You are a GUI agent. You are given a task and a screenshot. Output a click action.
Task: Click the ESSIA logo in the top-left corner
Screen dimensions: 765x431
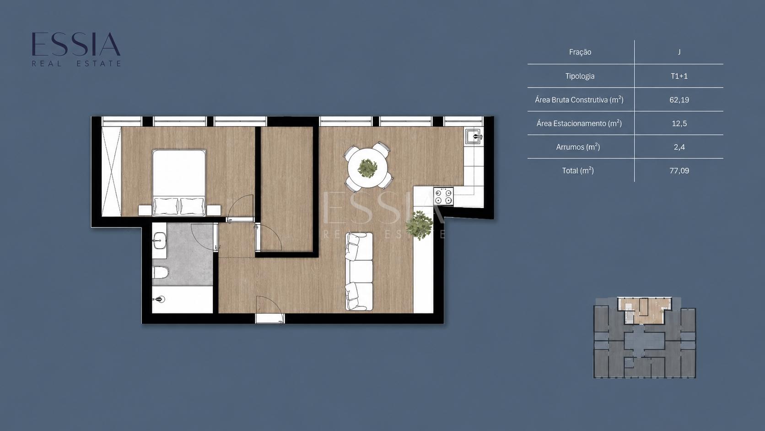tap(76, 49)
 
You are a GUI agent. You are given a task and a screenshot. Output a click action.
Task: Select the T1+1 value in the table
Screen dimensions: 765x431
tap(679, 76)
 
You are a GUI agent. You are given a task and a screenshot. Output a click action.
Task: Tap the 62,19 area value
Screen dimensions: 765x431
tap(679, 100)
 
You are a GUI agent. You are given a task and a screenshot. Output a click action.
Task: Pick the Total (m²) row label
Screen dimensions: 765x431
tap(578, 170)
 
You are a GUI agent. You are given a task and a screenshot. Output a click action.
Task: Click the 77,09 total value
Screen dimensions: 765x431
tap(679, 170)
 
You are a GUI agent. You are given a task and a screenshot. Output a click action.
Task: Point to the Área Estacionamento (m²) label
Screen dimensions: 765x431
tap(579, 123)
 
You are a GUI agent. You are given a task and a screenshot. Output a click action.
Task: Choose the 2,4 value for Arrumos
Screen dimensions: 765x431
tap(679, 147)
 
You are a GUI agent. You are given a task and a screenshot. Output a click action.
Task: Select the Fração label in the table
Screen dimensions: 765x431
tap(580, 52)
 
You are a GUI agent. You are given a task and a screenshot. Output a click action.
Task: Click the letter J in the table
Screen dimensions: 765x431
tap(679, 52)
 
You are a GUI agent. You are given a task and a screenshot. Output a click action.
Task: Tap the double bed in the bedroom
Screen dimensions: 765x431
tap(178, 182)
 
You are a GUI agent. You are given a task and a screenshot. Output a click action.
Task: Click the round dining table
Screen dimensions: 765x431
tap(367, 168)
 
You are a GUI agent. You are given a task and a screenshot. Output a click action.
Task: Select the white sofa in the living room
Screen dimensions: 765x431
tap(359, 272)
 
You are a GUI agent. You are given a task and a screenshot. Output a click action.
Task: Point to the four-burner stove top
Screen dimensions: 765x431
tap(443, 196)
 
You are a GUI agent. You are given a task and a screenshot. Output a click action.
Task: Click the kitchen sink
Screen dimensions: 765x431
tap(474, 136)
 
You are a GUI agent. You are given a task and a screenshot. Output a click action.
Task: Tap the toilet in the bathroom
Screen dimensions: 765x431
tap(160, 273)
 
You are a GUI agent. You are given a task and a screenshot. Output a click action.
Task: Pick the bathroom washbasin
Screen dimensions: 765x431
tap(160, 240)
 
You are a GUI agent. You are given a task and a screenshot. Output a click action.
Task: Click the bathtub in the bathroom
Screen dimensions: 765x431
tap(182, 300)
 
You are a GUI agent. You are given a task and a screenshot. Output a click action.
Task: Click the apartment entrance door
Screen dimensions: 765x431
tap(270, 310)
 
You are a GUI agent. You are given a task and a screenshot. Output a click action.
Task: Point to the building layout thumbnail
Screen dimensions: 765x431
tap(645, 338)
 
